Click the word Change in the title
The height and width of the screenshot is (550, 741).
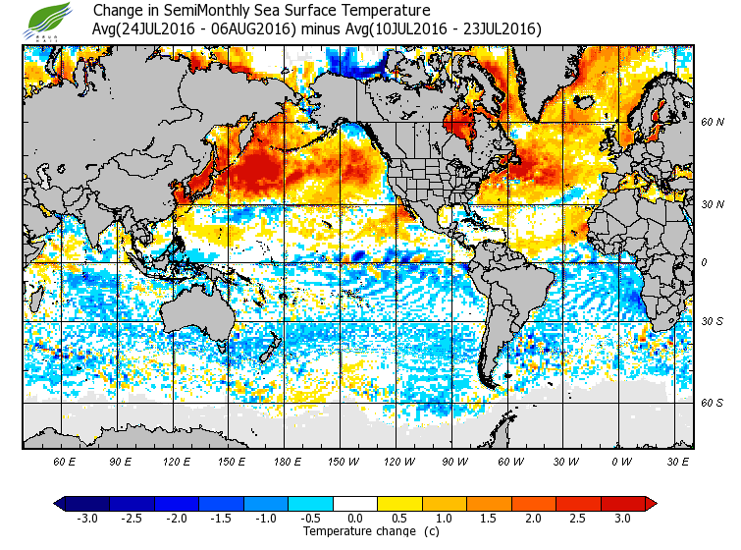point(117,11)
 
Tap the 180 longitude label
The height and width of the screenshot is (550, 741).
point(288,461)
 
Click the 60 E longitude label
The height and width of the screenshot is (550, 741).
point(66,461)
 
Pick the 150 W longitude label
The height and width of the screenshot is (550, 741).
point(344,461)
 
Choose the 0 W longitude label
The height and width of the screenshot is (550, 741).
point(620,461)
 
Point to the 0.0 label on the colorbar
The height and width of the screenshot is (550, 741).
point(355,519)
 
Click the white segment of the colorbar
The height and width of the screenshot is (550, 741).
point(355,504)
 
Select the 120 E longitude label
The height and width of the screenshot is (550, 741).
point(177,461)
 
